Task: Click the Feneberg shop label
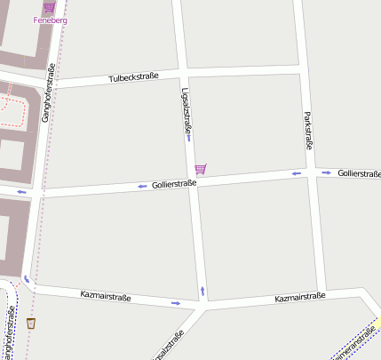point(49,20)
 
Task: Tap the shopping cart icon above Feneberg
point(49,7)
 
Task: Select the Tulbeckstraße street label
point(133,78)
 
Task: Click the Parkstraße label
point(308,129)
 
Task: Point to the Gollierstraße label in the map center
point(174,184)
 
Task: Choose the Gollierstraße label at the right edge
point(359,172)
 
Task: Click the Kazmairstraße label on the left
point(105,296)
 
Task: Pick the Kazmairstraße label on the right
point(300,297)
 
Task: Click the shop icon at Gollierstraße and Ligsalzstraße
point(201,168)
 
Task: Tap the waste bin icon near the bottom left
point(31,323)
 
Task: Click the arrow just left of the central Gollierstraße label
point(142,187)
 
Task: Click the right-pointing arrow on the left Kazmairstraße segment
point(176,304)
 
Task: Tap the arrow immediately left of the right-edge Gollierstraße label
point(326,172)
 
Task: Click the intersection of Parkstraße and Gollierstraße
point(311,173)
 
